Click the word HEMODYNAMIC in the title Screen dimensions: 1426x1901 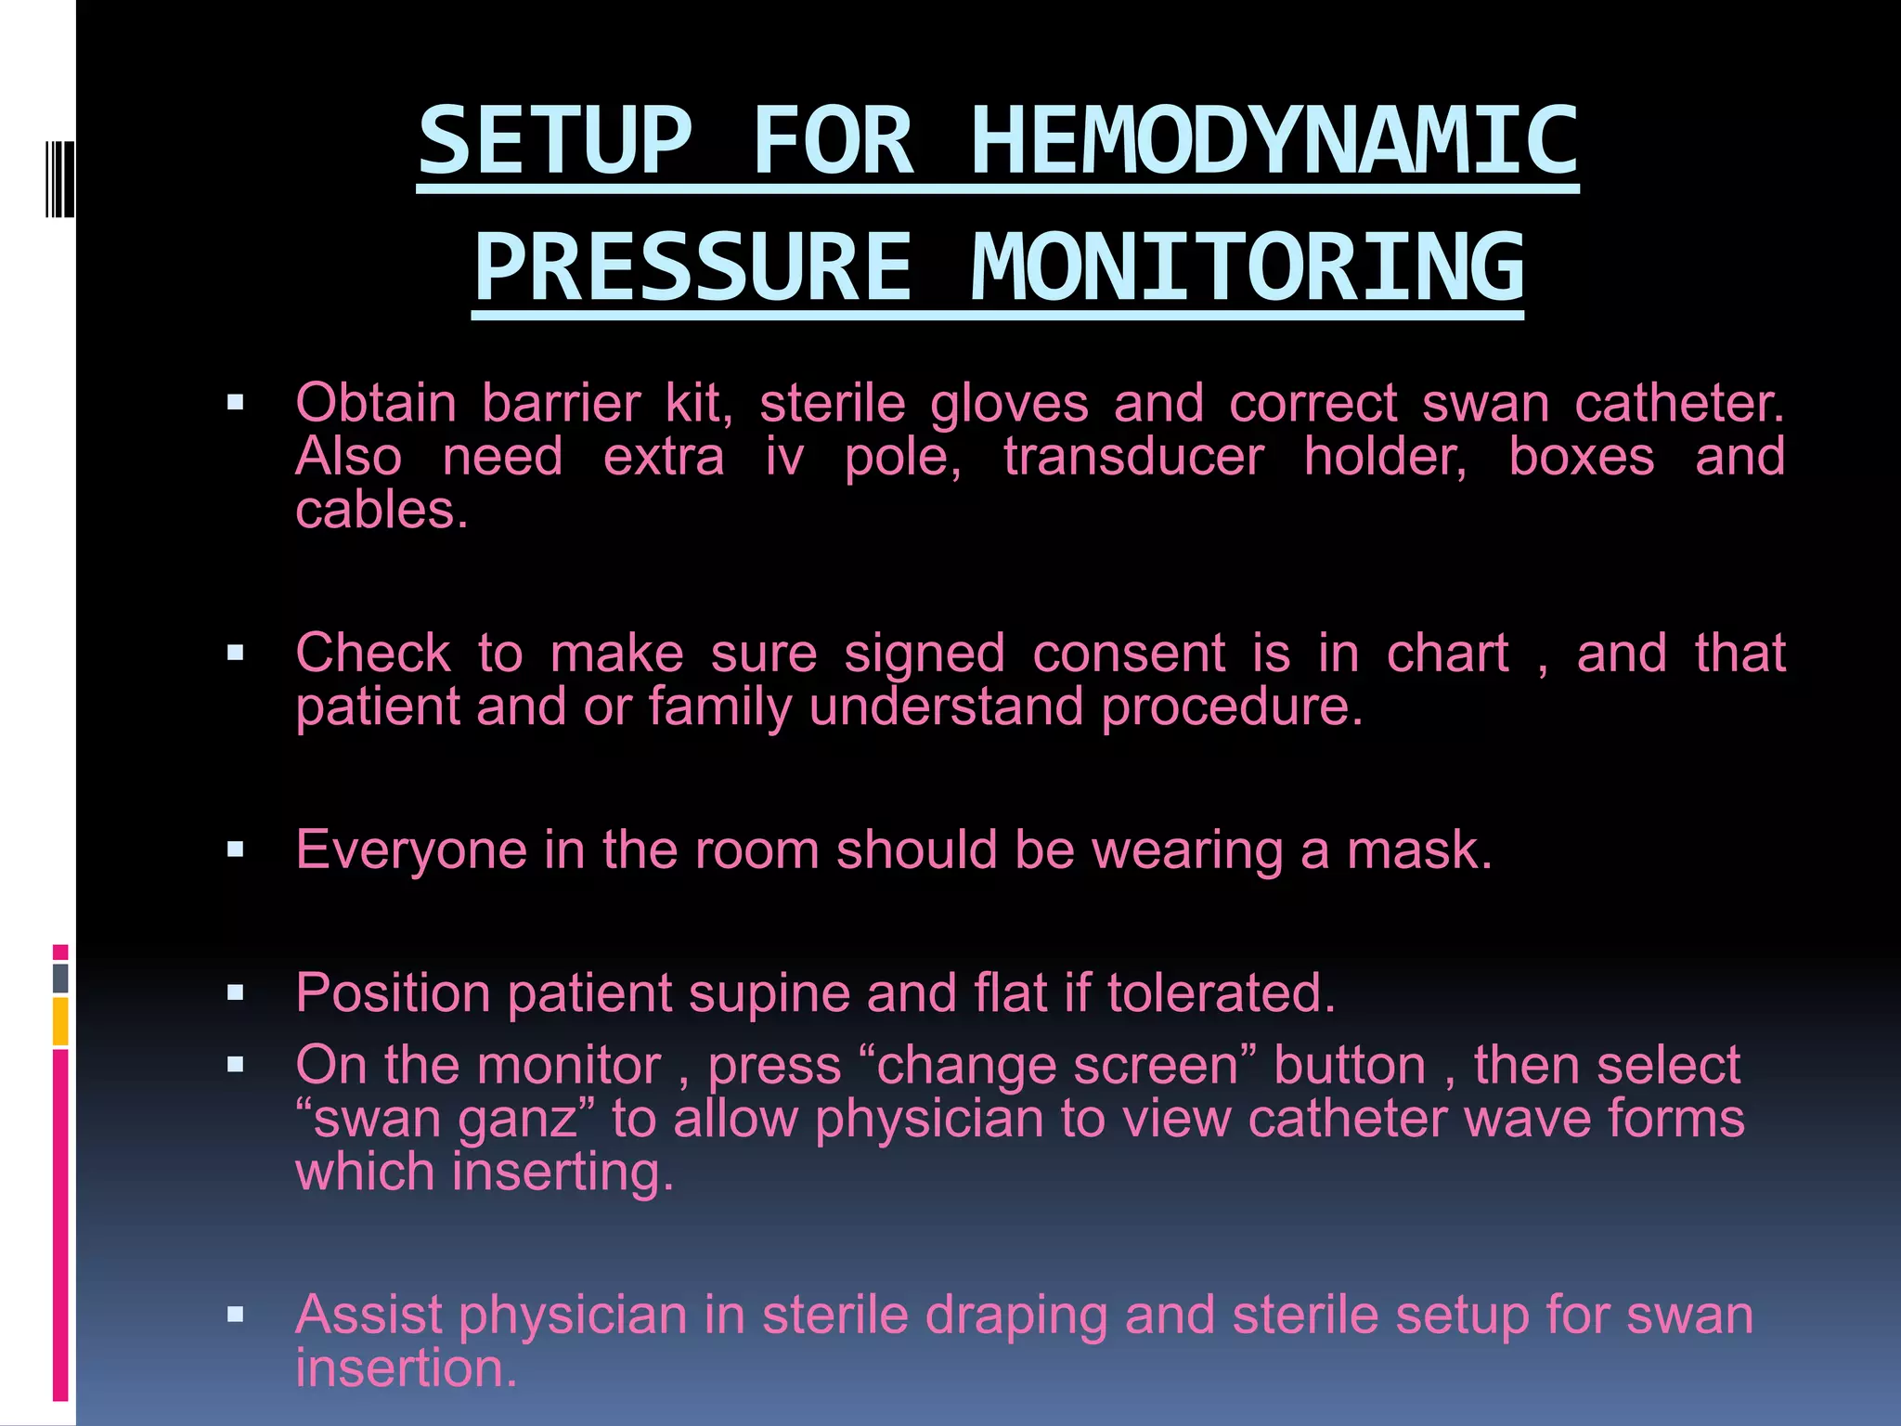tap(1274, 141)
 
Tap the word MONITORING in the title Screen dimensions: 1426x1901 tap(1248, 268)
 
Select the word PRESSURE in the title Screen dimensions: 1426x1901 tap(692, 268)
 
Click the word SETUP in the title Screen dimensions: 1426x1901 tap(555, 141)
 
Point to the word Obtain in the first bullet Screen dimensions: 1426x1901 tap(375, 404)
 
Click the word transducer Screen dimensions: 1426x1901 tap(1133, 457)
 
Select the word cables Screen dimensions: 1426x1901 tap(381, 510)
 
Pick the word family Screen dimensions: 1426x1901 tap(719, 707)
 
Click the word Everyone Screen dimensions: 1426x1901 tap(411, 849)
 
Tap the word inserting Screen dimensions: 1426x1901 tap(563, 1172)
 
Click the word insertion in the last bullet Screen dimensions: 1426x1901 tap(405, 1368)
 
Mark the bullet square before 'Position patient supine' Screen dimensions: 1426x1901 tap(235, 993)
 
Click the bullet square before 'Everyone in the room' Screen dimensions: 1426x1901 tap(235, 849)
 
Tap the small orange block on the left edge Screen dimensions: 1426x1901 tap(60, 1021)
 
